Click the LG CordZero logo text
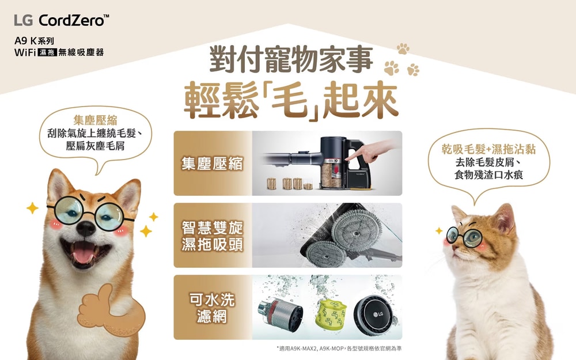point(62,20)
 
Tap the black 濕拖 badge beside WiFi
point(47,52)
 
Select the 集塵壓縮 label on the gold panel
point(212,164)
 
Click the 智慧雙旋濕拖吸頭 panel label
point(213,236)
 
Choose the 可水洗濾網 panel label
point(212,308)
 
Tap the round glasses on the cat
point(464,237)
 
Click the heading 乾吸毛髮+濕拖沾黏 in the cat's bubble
point(488,149)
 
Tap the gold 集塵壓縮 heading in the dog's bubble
point(96,120)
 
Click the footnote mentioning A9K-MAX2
point(339,348)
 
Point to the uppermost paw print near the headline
point(403,48)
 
